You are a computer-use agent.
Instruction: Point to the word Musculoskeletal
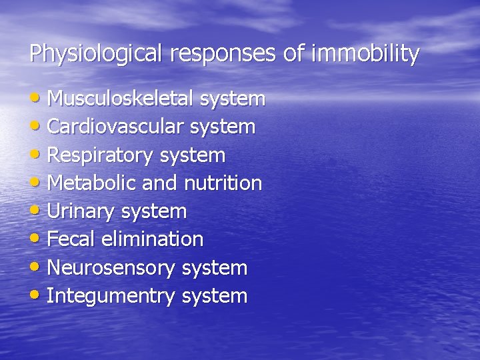pos(121,99)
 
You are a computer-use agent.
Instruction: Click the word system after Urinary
pos(154,212)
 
